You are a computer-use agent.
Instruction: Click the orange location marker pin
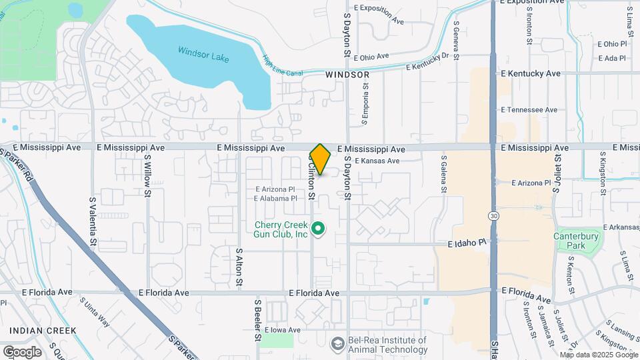coord(321,159)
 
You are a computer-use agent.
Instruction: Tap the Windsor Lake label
coord(203,54)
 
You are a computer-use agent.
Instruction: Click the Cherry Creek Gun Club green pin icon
coord(319,229)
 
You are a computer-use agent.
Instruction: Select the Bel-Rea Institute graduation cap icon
coord(338,342)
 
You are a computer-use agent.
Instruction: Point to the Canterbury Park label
coord(576,241)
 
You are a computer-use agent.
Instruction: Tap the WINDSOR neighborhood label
coord(347,75)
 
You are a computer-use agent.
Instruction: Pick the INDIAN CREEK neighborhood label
coord(43,330)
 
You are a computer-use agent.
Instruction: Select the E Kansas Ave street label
coord(377,161)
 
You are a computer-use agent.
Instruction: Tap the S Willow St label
coord(148,176)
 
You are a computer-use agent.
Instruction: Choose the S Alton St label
coord(239,267)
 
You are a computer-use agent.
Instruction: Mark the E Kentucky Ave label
coord(530,73)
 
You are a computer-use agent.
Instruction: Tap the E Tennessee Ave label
coord(529,109)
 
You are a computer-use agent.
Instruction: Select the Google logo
coord(22,351)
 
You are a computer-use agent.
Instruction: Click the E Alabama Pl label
coord(275,199)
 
